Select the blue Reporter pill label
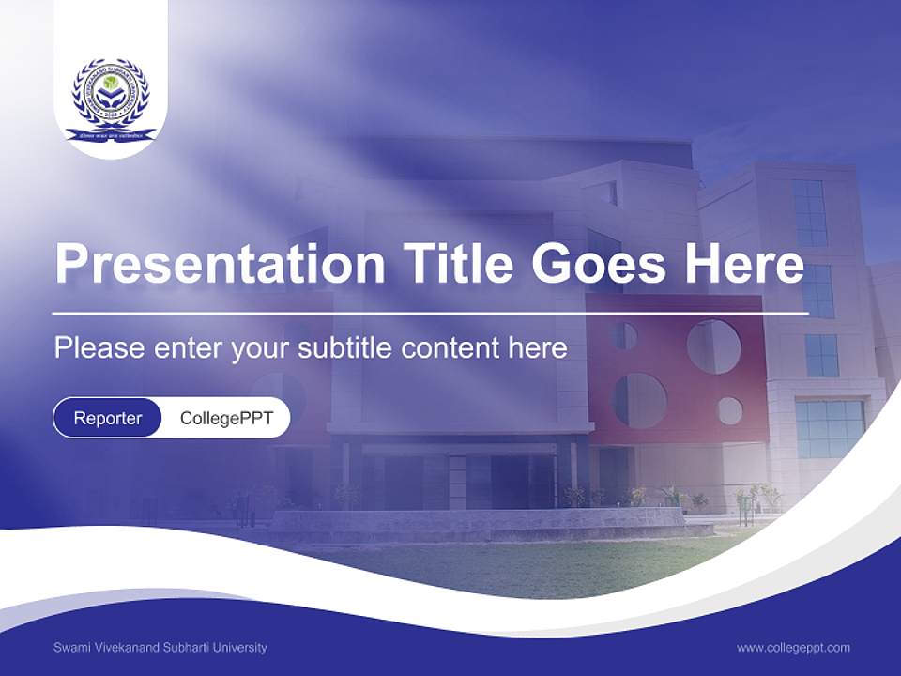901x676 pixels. pyautogui.click(x=108, y=418)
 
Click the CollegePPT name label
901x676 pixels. pyautogui.click(x=226, y=418)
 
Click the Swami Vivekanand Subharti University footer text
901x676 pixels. pyautogui.click(x=160, y=647)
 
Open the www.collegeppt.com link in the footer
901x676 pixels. pyautogui.click(x=793, y=647)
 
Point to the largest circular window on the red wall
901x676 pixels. pyautogui.click(x=713, y=346)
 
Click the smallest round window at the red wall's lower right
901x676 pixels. pyautogui.click(x=729, y=410)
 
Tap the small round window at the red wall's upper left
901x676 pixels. pyautogui.click(x=625, y=335)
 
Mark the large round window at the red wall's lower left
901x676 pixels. pyautogui.click(x=640, y=401)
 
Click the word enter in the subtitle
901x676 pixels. pyautogui.click(x=185, y=348)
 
